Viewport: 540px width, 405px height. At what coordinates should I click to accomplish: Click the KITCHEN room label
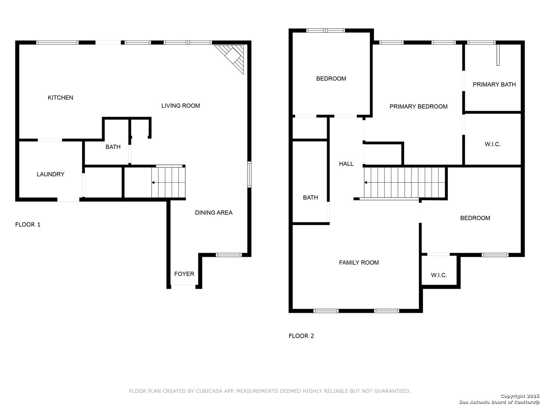point(60,97)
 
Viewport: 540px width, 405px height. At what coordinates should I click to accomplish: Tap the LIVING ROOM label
point(180,106)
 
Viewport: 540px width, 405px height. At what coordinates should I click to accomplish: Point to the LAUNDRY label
point(50,174)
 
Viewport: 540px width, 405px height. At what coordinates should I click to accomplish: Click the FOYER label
point(184,274)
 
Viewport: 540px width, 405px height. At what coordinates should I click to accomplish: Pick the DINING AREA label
point(213,213)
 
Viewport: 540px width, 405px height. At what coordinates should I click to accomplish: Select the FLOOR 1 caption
point(27,225)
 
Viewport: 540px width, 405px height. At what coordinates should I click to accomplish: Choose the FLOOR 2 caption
point(301,336)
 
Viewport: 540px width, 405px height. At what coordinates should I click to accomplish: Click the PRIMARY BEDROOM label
point(418,106)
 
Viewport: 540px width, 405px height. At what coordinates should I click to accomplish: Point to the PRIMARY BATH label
point(494,85)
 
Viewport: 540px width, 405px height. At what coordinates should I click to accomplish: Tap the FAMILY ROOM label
point(359,262)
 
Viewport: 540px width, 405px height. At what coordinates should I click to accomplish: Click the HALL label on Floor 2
point(346,164)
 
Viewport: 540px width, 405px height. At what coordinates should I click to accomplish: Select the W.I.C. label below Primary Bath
point(492,144)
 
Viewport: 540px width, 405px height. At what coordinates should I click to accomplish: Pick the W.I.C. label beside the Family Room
point(439,275)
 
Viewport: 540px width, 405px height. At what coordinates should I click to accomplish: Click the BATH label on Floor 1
point(113,147)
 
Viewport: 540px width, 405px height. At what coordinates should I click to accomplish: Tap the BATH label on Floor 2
point(310,198)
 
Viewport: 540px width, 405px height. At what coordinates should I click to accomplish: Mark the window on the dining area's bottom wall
point(228,255)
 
